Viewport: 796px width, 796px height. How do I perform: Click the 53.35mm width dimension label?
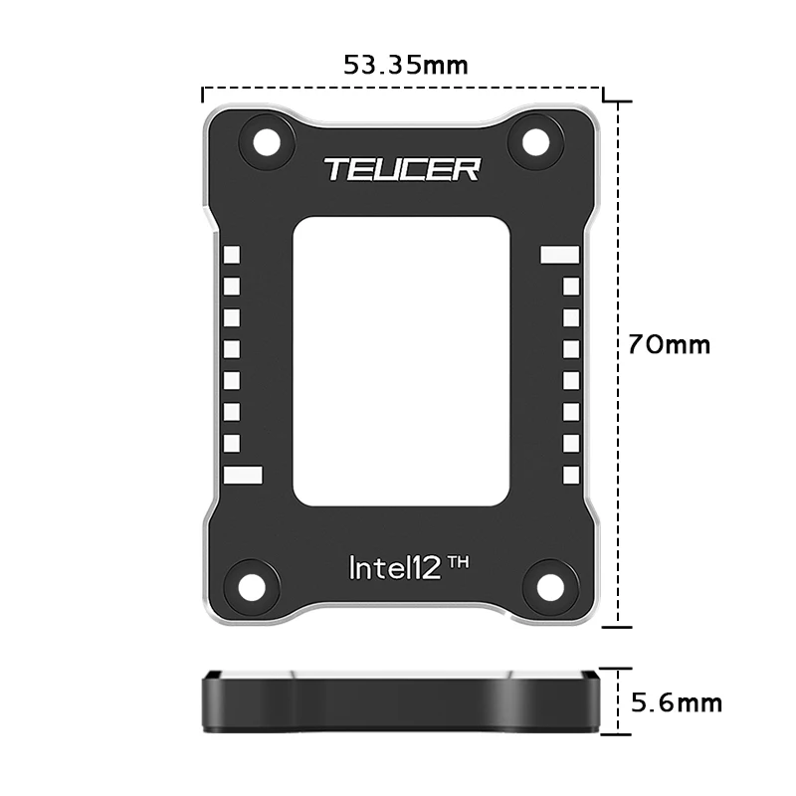405,66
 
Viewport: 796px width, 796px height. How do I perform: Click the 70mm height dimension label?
669,345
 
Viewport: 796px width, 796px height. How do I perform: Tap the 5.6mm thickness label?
677,703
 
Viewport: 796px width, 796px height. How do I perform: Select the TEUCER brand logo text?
401,169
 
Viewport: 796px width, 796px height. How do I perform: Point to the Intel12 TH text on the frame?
409,567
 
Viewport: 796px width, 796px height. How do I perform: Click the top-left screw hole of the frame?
267,142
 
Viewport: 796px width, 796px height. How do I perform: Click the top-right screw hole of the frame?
537,142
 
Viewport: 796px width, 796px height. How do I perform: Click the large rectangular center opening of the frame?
402,360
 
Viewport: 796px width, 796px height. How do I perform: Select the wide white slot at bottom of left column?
243,475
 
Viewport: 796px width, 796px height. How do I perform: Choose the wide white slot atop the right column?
559,255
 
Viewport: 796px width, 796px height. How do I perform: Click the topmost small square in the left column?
232,255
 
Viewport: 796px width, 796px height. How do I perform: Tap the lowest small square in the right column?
571,475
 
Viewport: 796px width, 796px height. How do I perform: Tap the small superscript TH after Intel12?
458,562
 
